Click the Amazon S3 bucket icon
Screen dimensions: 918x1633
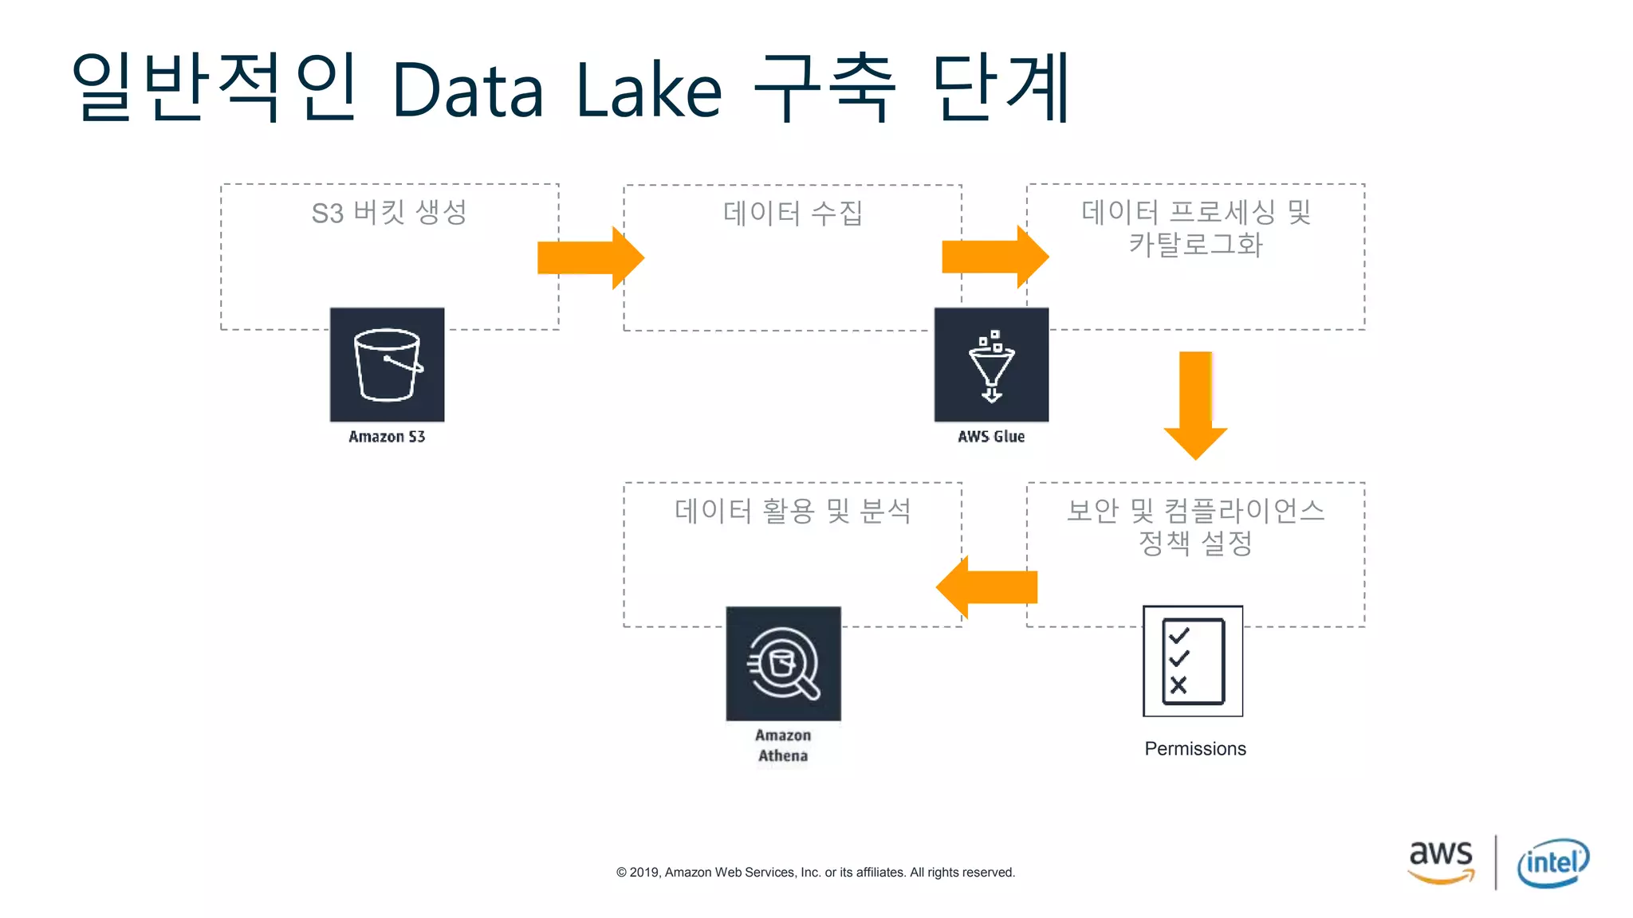click(x=387, y=364)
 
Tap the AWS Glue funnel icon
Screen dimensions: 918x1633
click(x=991, y=364)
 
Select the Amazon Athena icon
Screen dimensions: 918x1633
click(x=783, y=663)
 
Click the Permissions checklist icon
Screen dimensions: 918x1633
click(x=1193, y=661)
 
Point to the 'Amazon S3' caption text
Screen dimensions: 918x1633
click(x=387, y=437)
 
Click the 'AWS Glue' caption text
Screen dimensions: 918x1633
click(x=991, y=437)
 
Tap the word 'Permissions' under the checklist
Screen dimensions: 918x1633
click(x=1194, y=749)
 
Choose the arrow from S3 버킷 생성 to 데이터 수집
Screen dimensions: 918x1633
click(x=590, y=257)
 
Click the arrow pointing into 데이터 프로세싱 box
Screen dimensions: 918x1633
click(x=994, y=257)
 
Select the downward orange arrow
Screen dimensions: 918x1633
click(x=1195, y=404)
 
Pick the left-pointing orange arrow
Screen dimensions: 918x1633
click(x=987, y=587)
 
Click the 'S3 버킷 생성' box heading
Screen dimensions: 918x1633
click(x=389, y=213)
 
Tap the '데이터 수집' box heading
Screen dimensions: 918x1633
click(x=793, y=213)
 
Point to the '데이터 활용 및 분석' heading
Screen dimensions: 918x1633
click(x=793, y=511)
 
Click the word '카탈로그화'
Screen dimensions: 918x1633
click(x=1195, y=245)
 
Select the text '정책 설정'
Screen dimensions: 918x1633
click(x=1195, y=543)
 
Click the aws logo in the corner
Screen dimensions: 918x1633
click(x=1441, y=861)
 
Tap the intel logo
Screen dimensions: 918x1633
click(x=1552, y=862)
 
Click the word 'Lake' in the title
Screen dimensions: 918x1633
click(x=648, y=90)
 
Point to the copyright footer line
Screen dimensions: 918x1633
click(x=815, y=873)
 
